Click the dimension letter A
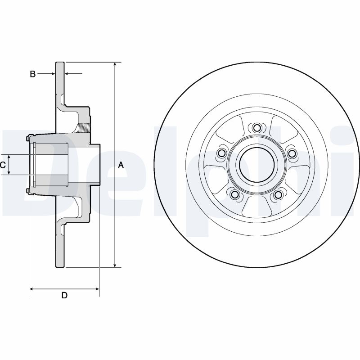click(x=121, y=166)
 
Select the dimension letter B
click(x=32, y=74)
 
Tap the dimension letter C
click(x=3, y=165)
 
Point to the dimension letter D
click(x=64, y=295)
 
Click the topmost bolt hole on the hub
click(x=256, y=128)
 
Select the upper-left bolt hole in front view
click(x=221, y=154)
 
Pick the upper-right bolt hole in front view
click(x=292, y=154)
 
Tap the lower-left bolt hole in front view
click(x=234, y=194)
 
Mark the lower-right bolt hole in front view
click(x=279, y=194)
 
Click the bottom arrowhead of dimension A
click(x=115, y=265)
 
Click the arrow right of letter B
click(x=52, y=73)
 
